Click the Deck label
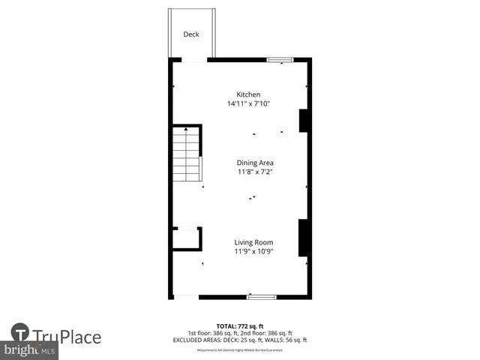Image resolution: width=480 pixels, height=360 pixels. coord(191,34)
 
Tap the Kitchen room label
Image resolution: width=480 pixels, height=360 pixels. coord(248,94)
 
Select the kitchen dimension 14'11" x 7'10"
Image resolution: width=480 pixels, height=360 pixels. coord(248,103)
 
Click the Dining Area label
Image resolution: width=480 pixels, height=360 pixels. coord(255,163)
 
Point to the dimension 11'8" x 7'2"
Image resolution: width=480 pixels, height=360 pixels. coord(255,172)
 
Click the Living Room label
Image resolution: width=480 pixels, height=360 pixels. coord(253,242)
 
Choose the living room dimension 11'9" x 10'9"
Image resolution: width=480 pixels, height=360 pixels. coord(253,251)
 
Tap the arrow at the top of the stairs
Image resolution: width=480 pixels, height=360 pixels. coord(186,131)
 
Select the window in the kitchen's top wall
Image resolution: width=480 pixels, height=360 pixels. coord(280,59)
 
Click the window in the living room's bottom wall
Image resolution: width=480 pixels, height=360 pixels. coord(262,297)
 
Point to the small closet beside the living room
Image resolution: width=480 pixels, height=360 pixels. coord(185,238)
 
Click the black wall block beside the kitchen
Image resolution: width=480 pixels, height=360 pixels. coord(303,121)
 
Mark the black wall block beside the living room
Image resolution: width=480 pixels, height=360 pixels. coord(303,238)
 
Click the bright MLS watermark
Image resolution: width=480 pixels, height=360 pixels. coord(30,350)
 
